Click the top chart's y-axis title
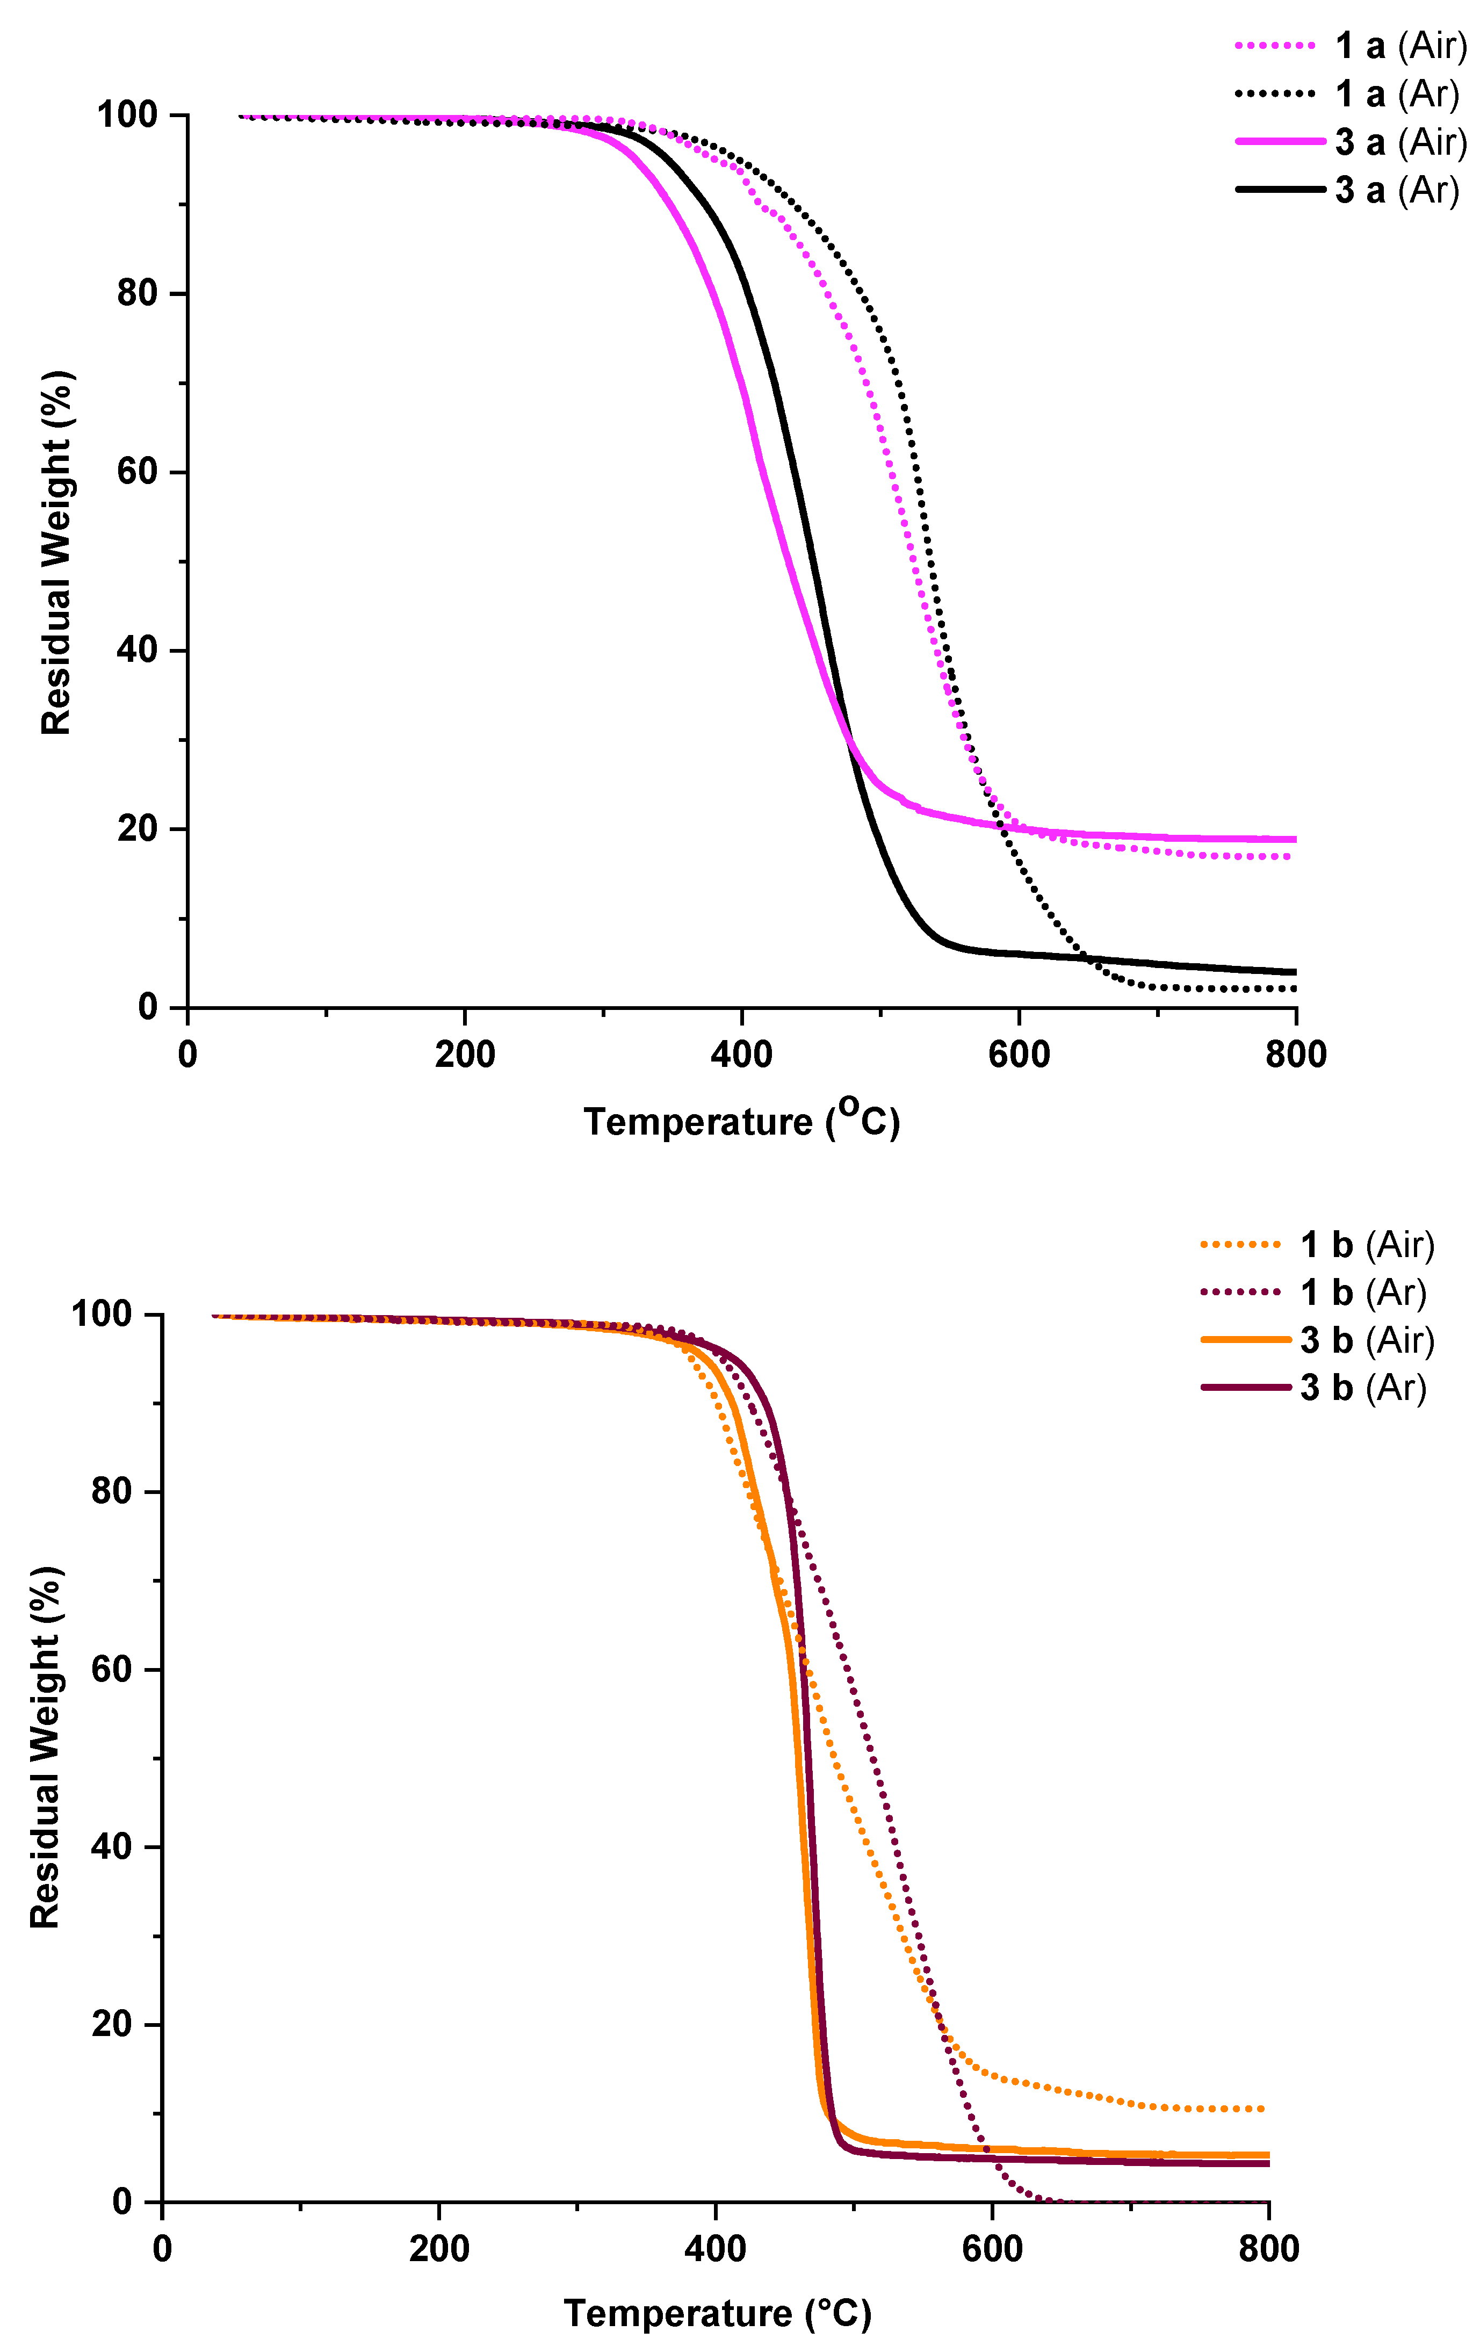56,553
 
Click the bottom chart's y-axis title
45,1749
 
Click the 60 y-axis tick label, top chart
138,473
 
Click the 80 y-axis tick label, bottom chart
112,1492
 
